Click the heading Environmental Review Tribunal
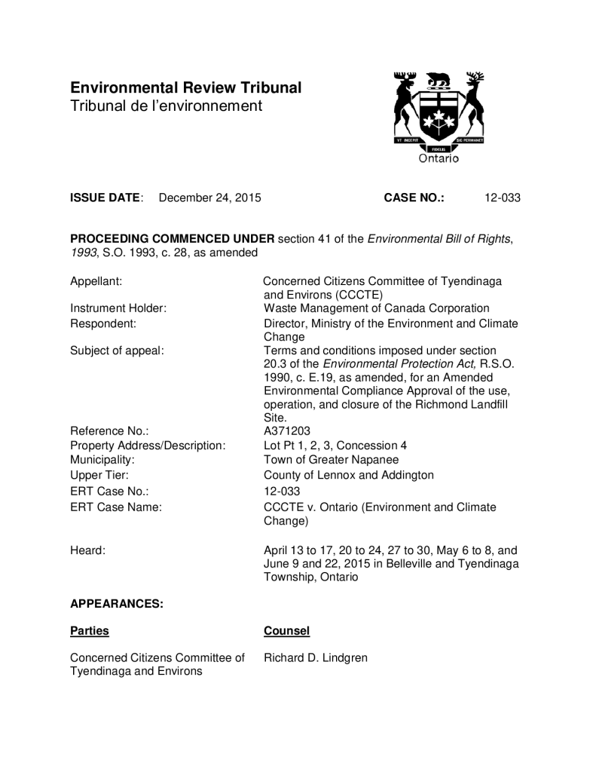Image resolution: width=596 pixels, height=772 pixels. tap(185, 88)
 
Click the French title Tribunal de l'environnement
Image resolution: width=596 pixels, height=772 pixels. tap(166, 106)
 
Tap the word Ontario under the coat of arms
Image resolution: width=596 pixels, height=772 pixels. tap(438, 158)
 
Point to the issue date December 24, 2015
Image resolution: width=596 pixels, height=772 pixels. tap(209, 198)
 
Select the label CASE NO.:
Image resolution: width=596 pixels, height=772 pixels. tap(414, 198)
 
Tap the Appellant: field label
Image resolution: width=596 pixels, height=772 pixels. tap(96, 281)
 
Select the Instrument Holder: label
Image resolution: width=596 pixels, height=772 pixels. tap(118, 308)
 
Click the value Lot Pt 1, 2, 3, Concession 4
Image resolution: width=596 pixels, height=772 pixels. tap(335, 446)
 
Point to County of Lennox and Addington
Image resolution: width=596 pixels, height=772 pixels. tap(348, 475)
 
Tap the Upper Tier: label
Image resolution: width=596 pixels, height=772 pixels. tap(99, 475)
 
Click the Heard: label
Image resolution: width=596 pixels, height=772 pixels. tap(87, 550)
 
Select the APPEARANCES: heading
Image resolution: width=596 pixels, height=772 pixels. tap(116, 604)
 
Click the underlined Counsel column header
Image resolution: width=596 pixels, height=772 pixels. tap(286, 631)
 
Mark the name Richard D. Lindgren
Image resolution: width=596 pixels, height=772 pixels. tap(316, 658)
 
